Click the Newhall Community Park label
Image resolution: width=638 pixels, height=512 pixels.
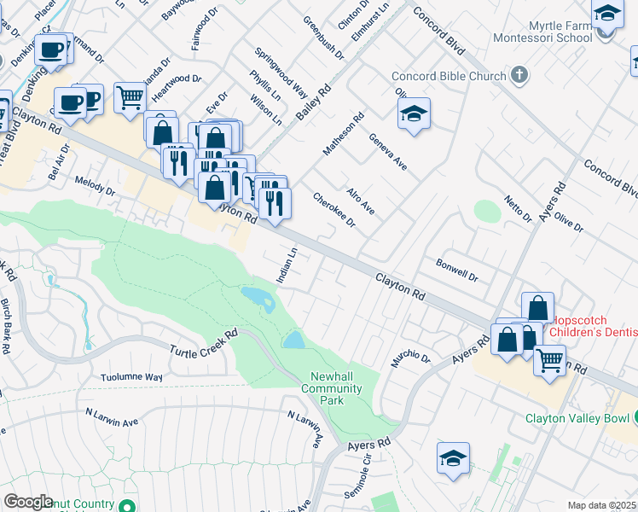[333, 388]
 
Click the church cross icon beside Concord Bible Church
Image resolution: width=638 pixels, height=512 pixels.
[519, 76]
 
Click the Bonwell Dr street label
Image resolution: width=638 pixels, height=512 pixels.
[457, 271]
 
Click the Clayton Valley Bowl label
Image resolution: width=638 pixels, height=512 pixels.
[577, 418]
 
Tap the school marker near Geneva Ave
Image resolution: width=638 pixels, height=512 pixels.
[414, 113]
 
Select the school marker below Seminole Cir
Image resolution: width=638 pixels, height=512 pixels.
[453, 457]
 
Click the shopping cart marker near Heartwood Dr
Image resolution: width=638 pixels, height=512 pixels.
[130, 97]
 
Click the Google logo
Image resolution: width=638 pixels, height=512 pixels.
[28, 502]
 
